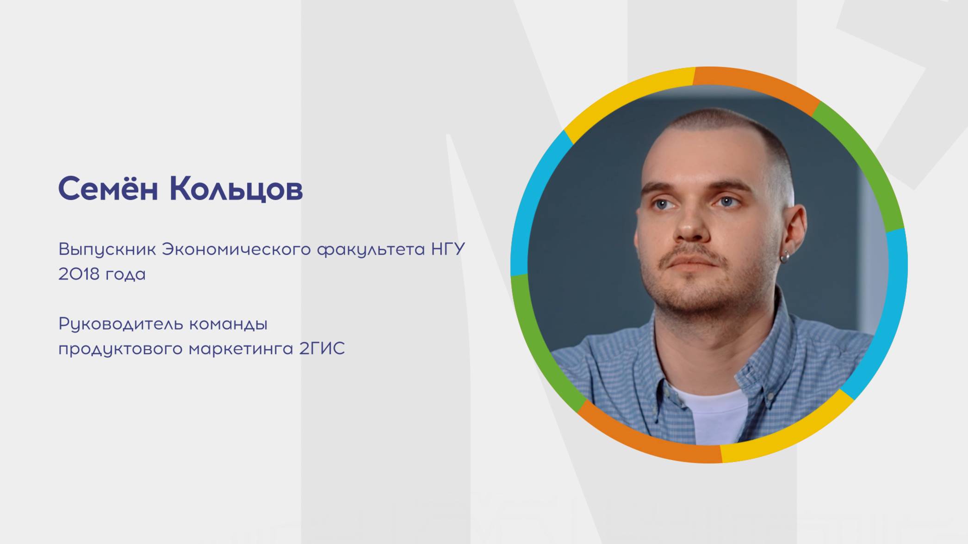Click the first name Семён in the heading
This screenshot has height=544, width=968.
[x=108, y=189]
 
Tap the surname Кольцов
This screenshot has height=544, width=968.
[x=236, y=189]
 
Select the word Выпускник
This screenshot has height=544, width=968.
[x=107, y=250]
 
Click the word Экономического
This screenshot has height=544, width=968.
[x=236, y=250]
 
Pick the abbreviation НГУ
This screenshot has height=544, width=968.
[x=448, y=250]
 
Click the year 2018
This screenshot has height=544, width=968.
[x=79, y=274]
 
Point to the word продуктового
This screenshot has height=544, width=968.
[x=121, y=349]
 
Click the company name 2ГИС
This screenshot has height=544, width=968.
[x=322, y=348]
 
